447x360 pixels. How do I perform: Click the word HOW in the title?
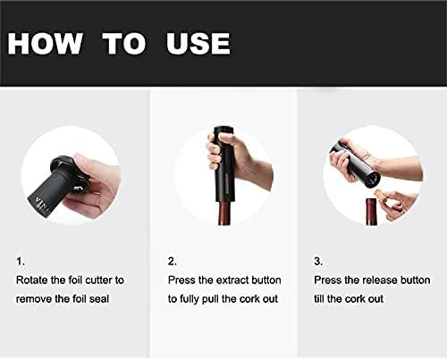[x=45, y=44]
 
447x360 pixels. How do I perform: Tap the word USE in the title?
[x=198, y=44]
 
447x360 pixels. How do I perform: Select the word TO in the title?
[x=124, y=44]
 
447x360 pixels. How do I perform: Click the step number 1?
[x=20, y=262]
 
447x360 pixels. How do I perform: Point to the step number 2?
[x=172, y=262]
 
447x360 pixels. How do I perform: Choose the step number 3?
[x=318, y=262]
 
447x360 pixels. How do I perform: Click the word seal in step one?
[x=99, y=298]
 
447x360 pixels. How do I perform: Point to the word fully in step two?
[x=189, y=299]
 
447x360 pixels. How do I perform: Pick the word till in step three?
[x=319, y=298]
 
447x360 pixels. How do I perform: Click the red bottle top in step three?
[x=371, y=212]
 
